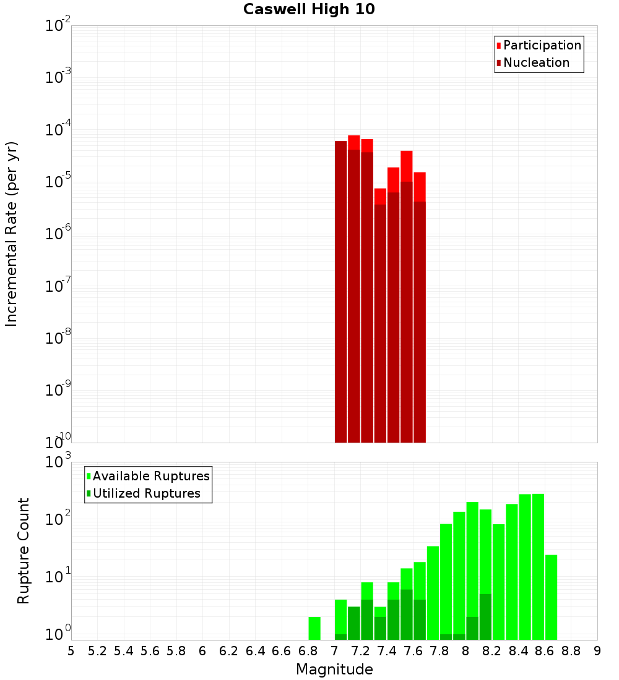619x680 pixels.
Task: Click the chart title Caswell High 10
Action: coord(309,9)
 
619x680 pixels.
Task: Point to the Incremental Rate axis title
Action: coord(12,234)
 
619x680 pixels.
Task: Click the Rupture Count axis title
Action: coord(24,551)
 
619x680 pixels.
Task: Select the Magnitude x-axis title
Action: coord(334,669)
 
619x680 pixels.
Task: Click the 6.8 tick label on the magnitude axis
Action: coord(308,651)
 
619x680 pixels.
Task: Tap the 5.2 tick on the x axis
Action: coord(97,651)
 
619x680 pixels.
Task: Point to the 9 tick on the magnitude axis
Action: coord(597,651)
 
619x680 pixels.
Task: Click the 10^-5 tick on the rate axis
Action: coord(58,182)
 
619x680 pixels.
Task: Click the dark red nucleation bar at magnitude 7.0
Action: coord(340,291)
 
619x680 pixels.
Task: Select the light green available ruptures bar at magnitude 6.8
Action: coord(314,628)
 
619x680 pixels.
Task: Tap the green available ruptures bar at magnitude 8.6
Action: coord(551,597)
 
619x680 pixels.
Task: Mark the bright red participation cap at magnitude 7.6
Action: coord(406,166)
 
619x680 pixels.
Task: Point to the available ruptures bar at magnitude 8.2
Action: coord(498,581)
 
